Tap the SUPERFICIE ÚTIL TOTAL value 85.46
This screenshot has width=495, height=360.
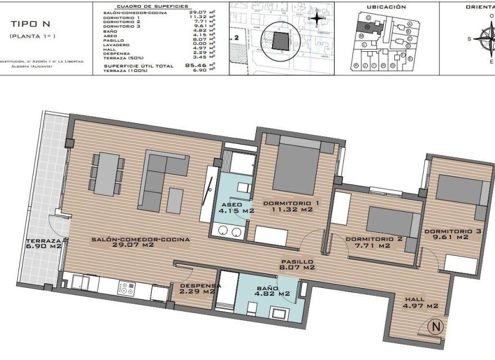194,66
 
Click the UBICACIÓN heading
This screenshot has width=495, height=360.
386,7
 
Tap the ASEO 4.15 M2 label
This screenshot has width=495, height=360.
237,208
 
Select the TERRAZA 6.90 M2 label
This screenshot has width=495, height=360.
43,243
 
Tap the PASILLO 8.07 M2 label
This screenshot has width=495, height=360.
298,264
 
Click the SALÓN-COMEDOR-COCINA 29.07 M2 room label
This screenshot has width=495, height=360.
140,242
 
